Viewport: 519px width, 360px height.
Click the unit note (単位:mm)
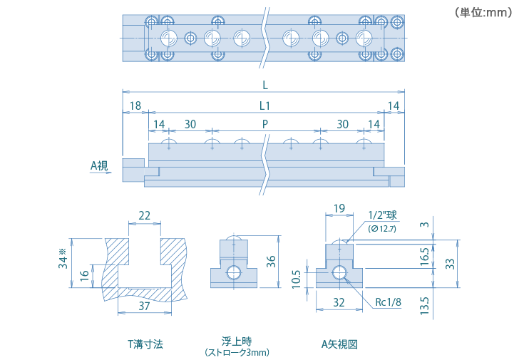point(483,12)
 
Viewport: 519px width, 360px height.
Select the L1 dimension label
point(264,106)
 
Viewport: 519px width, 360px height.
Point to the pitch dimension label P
point(265,124)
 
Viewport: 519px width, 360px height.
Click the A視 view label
point(99,165)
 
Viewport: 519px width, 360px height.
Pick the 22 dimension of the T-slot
point(144,215)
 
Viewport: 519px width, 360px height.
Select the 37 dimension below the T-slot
point(144,306)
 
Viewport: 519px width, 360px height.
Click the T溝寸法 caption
point(145,344)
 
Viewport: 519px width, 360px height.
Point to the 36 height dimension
point(270,261)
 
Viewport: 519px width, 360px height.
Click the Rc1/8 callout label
point(389,302)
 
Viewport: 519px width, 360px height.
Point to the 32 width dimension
point(339,302)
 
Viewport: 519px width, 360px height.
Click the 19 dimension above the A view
point(339,208)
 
